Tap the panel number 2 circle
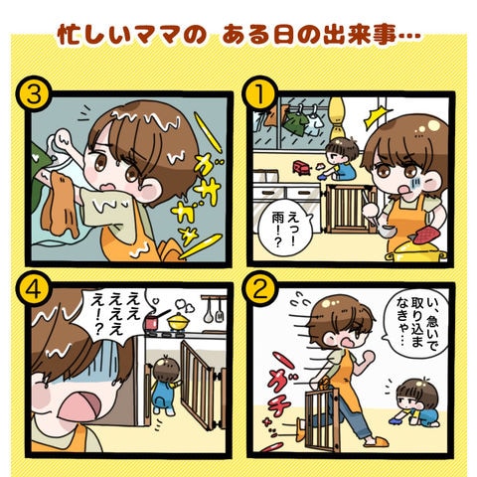pos(260,288)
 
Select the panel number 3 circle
pos(34,93)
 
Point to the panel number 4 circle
pos(34,289)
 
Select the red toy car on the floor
pos(302,167)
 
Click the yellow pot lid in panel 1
pos(415,250)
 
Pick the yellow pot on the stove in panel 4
pos(180,321)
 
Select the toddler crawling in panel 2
pos(414,403)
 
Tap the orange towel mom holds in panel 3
pos(62,204)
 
